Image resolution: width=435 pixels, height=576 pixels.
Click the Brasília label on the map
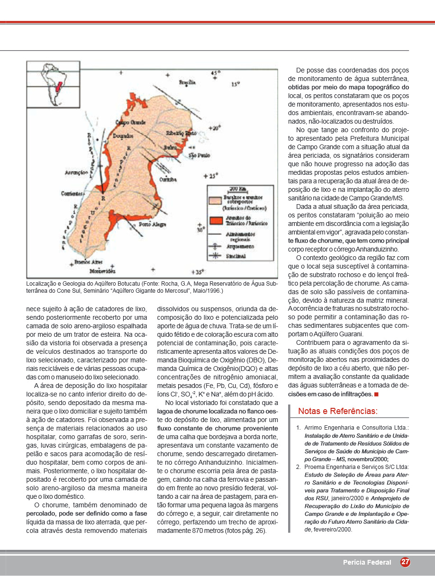pyautogui.click(x=187, y=82)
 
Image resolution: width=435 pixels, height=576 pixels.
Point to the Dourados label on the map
pyautogui.click(x=124, y=136)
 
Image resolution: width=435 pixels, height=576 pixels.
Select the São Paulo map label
pyautogui.click(x=199, y=155)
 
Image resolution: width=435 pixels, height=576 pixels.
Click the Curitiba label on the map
pyautogui.click(x=168, y=180)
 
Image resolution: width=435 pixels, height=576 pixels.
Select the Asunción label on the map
pyautogui.click(x=74, y=173)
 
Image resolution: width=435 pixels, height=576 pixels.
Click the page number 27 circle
pyautogui.click(x=405, y=562)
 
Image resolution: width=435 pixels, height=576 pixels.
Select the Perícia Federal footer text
pyautogui.click(x=367, y=563)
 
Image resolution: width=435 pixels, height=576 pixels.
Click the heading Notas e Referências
pyautogui.click(x=337, y=411)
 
